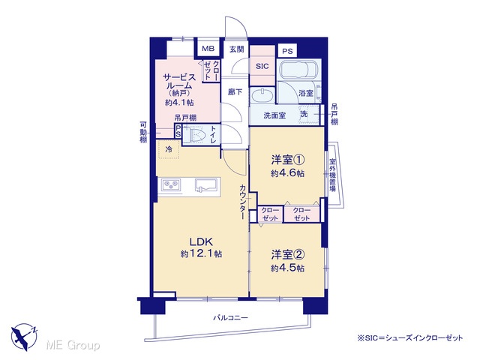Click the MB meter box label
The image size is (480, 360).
208,48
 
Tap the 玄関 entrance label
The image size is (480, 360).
237,49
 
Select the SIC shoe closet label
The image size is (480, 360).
262,66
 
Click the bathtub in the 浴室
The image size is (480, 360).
298,70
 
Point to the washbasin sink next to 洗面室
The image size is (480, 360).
262,95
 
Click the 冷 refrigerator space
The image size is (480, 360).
169,149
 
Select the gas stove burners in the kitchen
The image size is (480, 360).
171,184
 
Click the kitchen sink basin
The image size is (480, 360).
205,185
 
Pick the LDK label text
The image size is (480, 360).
201,241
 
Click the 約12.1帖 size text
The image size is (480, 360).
201,253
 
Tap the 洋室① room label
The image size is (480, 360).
287,160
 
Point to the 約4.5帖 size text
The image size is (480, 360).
287,268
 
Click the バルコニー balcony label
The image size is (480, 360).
230,318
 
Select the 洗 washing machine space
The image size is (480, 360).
308,113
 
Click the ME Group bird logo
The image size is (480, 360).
24,337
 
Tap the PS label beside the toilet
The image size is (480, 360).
178,131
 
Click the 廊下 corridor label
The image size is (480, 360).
235,91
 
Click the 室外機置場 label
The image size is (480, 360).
332,175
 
